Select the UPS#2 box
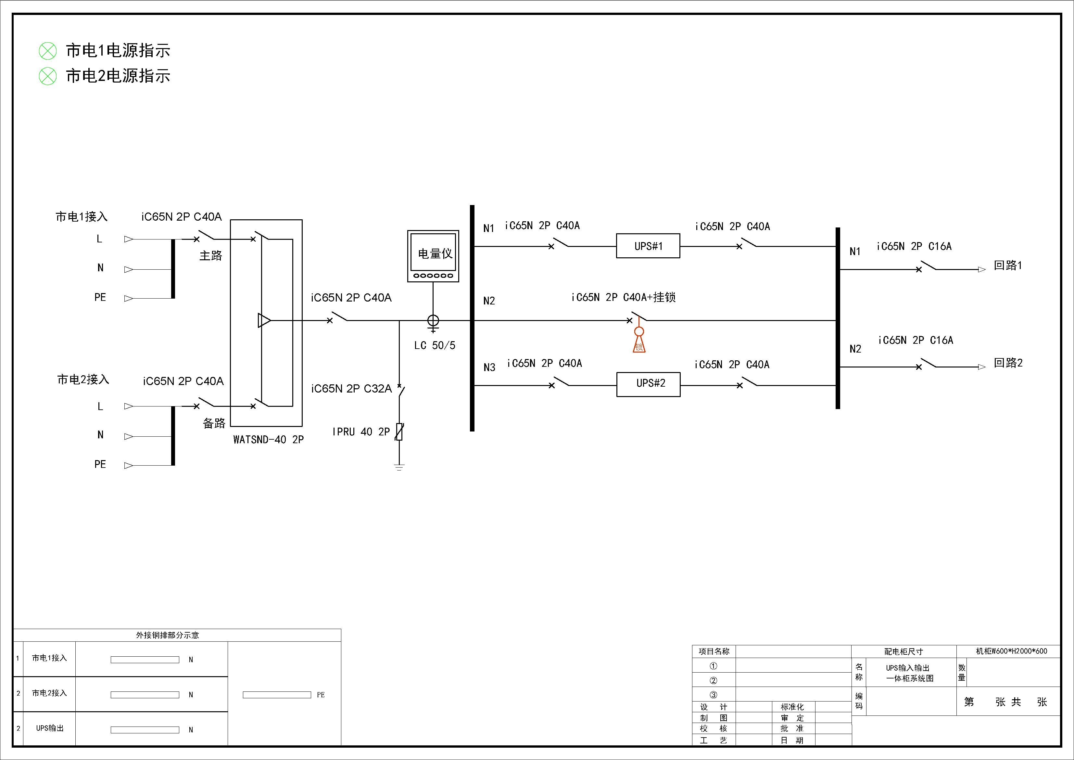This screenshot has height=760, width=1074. point(648,384)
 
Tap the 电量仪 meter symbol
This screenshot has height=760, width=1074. point(433,255)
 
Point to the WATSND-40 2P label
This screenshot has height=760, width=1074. point(269,439)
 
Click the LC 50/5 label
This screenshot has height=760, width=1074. point(435,345)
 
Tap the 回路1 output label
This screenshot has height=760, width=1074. point(1008,265)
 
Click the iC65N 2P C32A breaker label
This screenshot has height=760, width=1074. point(351,388)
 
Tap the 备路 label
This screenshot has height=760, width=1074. point(214,423)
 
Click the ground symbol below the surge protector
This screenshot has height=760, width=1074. point(399,467)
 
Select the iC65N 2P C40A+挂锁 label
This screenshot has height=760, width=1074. point(624,297)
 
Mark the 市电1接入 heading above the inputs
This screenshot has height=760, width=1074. point(82,217)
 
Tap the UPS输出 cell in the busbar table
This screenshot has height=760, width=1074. point(50,728)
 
